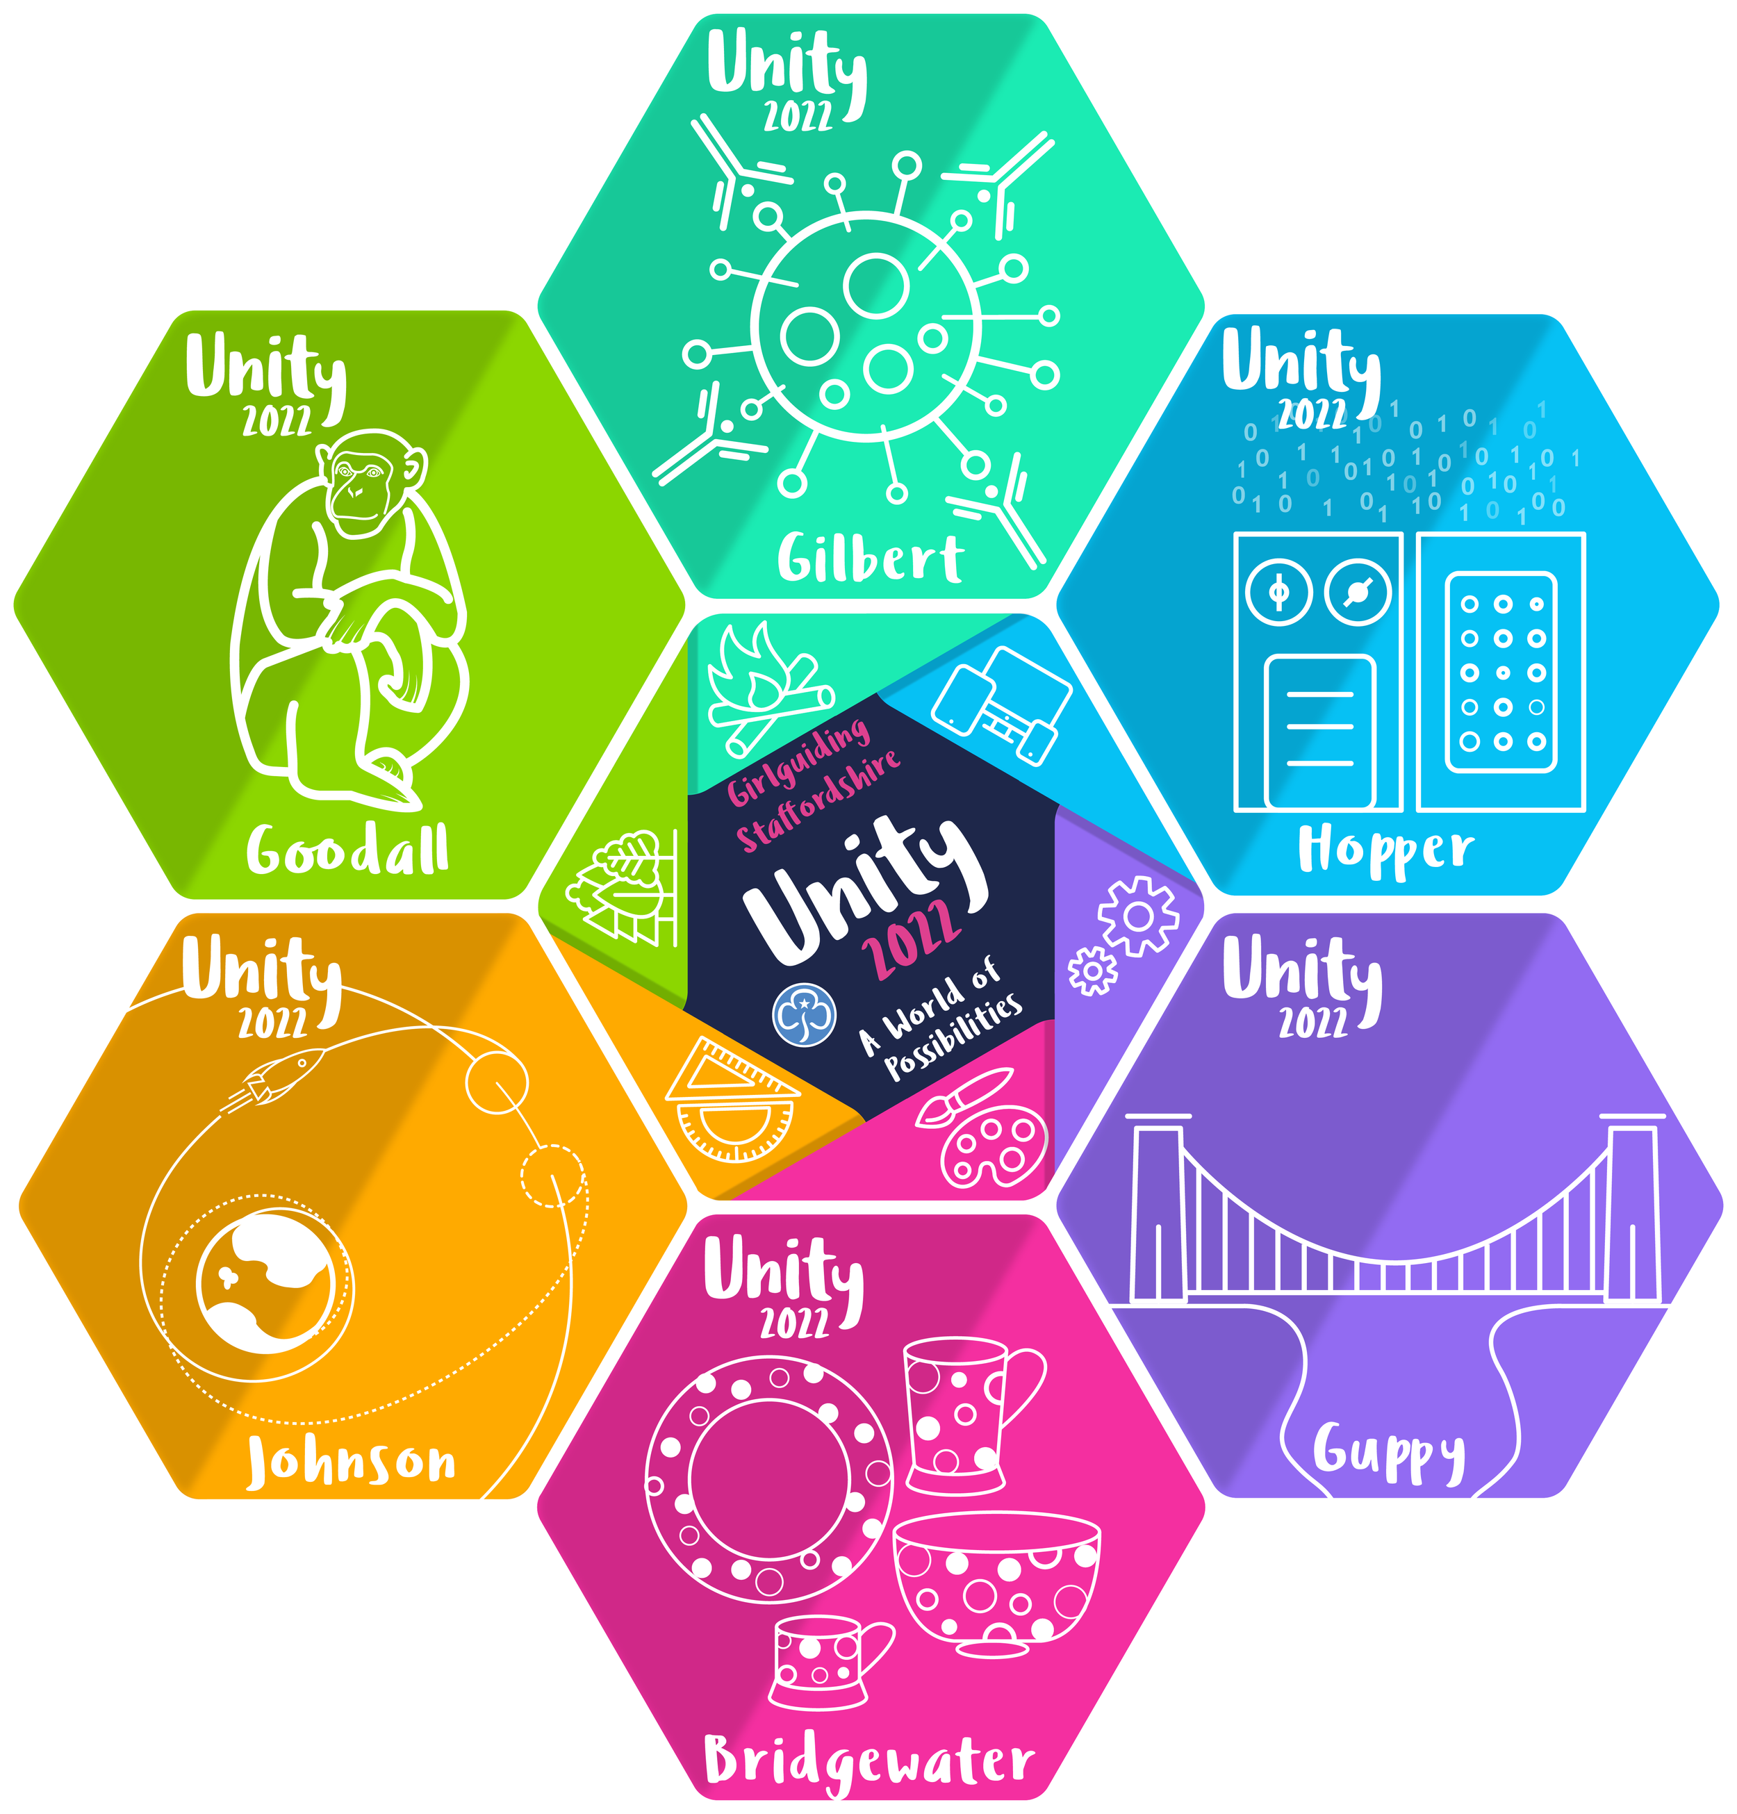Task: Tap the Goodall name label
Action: click(347, 850)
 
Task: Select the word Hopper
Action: click(1385, 850)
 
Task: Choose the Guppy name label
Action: click(1388, 1451)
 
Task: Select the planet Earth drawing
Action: click(265, 1283)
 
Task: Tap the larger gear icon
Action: click(1138, 916)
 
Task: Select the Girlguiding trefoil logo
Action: click(804, 1014)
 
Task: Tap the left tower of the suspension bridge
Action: click(1158, 1212)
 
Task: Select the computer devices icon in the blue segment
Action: click(1004, 703)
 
